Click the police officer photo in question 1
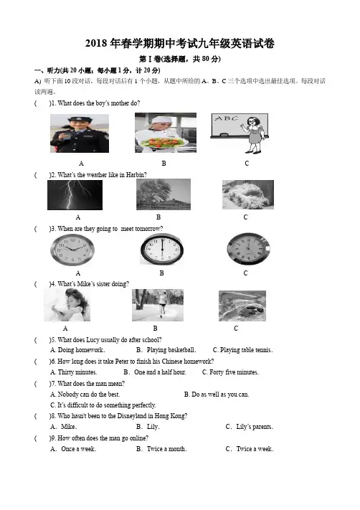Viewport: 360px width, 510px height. tap(80, 133)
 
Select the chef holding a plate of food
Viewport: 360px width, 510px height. tap(166, 133)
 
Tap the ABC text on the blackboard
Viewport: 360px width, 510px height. tap(227, 118)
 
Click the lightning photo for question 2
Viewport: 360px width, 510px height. tap(75, 195)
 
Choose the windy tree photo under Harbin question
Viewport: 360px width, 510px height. tap(164, 194)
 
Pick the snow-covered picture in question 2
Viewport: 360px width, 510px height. tap(248, 194)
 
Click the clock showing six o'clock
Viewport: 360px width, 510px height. tap(162, 250)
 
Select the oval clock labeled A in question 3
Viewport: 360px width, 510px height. tap(72, 250)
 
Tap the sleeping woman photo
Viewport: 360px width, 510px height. tap(67, 305)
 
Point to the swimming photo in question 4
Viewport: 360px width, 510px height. tap(242, 306)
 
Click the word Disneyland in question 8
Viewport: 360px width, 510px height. tap(132, 416)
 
